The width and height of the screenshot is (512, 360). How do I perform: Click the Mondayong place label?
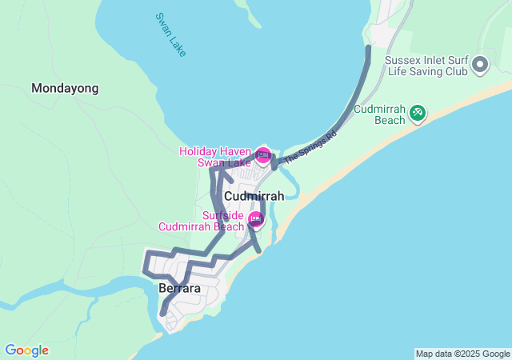[x=65, y=88]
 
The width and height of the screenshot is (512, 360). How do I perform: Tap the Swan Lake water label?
[x=170, y=34]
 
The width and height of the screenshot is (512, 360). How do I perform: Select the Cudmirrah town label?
[x=254, y=196]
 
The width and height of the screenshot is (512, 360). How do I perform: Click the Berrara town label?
[x=179, y=288]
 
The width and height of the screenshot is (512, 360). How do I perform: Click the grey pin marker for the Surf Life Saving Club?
[x=480, y=64]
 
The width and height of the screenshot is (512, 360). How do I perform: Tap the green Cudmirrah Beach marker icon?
[x=417, y=114]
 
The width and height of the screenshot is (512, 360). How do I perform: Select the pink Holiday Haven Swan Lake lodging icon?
[x=263, y=154]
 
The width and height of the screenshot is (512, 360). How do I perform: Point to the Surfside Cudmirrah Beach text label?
[x=201, y=221]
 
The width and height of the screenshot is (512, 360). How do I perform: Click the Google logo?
[x=26, y=350]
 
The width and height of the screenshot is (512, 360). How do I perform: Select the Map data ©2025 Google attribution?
[x=462, y=354]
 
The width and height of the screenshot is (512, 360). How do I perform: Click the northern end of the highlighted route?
[x=368, y=48]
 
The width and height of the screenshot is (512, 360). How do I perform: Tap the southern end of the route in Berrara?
[x=162, y=314]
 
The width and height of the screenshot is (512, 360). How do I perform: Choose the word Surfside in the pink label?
[x=222, y=214]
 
